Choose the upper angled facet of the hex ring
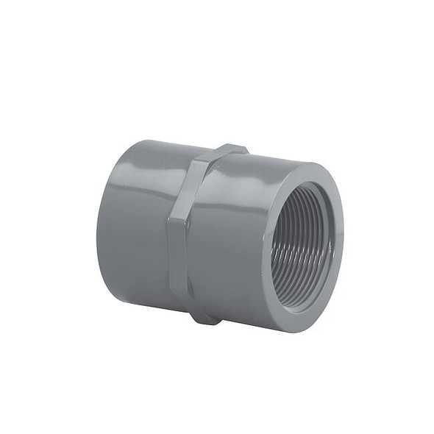193,177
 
